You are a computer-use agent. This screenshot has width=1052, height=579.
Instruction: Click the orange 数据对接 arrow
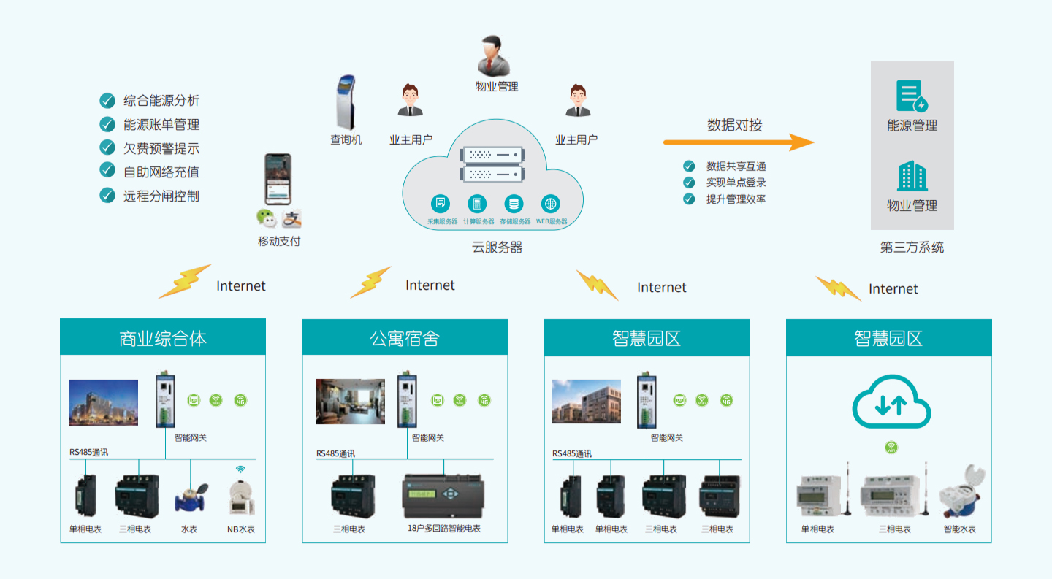(x=738, y=142)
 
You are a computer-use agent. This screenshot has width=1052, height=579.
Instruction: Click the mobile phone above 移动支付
(x=278, y=179)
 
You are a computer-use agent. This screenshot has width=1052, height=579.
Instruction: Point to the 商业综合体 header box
(x=163, y=338)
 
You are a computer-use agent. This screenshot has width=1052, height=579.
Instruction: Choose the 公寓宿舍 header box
(x=405, y=338)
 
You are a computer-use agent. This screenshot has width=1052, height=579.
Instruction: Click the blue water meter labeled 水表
(x=190, y=498)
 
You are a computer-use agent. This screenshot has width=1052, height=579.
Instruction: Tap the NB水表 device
(x=241, y=498)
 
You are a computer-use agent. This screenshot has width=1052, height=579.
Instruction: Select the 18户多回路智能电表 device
(x=443, y=497)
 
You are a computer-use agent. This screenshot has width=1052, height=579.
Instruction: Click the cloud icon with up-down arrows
(x=891, y=404)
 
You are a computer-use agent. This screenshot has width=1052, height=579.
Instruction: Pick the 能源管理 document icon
(x=911, y=96)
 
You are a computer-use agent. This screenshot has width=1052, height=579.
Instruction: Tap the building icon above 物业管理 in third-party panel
(x=912, y=177)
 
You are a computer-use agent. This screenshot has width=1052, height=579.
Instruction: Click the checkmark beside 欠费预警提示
(x=107, y=148)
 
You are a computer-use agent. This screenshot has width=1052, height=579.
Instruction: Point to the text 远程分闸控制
(x=161, y=196)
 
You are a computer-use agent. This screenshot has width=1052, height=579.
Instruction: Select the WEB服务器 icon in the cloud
(x=551, y=204)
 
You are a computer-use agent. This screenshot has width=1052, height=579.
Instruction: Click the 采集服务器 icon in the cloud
(x=441, y=204)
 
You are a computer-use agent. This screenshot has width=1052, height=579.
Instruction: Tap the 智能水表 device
(x=959, y=493)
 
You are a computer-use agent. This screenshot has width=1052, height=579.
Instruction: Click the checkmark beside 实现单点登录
(x=689, y=183)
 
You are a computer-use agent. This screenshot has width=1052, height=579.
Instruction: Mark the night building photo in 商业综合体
(x=104, y=402)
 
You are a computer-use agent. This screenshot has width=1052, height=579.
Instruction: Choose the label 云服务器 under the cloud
(x=497, y=248)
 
